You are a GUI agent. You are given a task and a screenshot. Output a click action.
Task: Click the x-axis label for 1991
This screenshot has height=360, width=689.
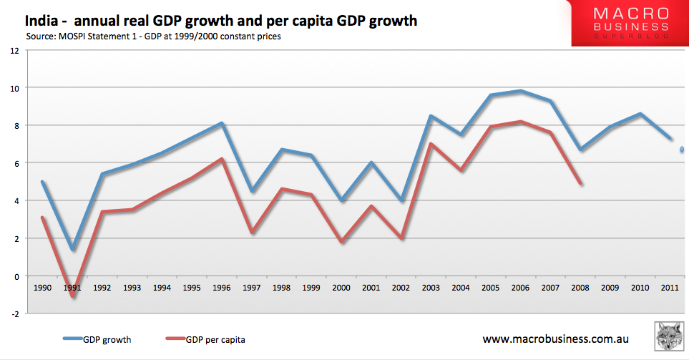tap(72, 288)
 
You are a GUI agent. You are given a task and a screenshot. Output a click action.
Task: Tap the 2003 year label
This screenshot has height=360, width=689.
tap(431, 288)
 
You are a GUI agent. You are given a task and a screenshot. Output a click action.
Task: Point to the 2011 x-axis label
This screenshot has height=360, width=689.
tap(670, 288)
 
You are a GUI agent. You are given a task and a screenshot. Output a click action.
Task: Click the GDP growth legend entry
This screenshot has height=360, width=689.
tap(107, 339)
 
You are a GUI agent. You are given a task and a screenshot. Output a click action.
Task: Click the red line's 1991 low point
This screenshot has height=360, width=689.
tap(72, 296)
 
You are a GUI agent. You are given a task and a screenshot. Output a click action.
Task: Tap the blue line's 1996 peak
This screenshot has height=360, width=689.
tap(223, 123)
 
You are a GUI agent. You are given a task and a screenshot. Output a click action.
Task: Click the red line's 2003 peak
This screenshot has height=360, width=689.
tap(431, 144)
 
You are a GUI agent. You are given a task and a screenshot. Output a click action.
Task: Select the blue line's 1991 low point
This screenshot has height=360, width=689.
tap(72, 249)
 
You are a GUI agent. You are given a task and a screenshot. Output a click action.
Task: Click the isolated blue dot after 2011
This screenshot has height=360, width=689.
tap(683, 150)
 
